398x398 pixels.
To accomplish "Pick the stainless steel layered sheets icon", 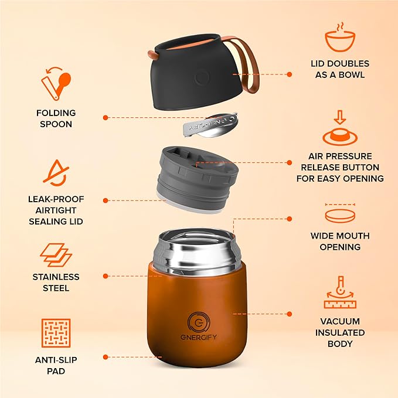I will [x=56, y=256].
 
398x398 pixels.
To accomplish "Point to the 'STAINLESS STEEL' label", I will [x=56, y=282].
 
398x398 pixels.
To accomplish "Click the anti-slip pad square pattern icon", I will [x=56, y=333].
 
